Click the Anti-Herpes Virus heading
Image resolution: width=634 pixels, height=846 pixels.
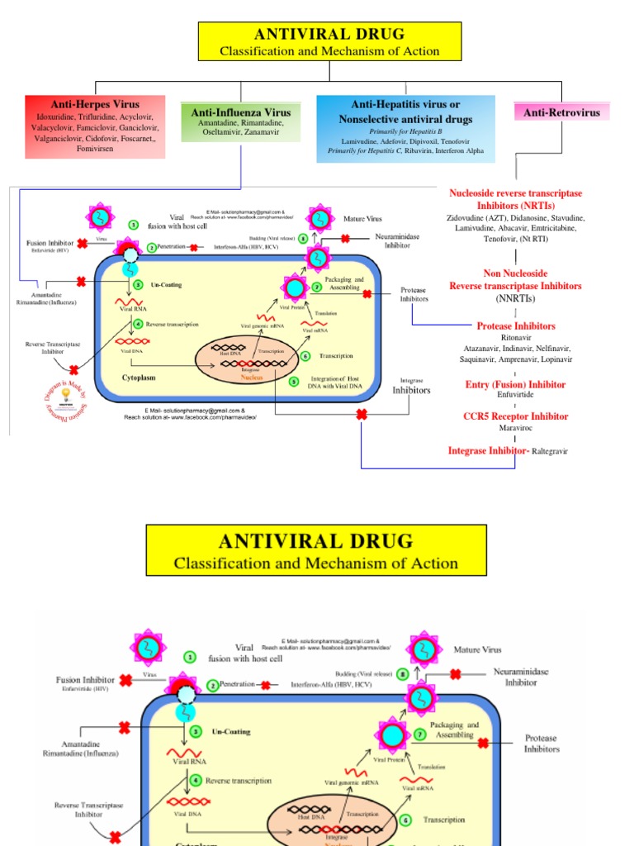pos(95,105)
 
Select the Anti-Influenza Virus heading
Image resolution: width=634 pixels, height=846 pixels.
pos(241,112)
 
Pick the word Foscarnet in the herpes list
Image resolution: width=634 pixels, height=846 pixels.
pos(131,139)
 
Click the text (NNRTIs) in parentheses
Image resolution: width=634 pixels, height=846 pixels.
pos(515,297)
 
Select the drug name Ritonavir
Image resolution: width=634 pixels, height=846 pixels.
pos(515,338)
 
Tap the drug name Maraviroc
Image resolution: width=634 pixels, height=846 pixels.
pos(515,429)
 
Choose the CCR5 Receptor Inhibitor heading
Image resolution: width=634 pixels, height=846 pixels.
pos(515,416)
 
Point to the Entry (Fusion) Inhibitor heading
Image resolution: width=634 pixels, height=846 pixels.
pos(515,384)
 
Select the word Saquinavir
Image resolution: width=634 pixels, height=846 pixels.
pos(482,359)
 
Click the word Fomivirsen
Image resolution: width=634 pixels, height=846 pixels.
pos(95,150)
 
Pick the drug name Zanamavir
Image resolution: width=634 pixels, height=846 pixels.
pos(267,131)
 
